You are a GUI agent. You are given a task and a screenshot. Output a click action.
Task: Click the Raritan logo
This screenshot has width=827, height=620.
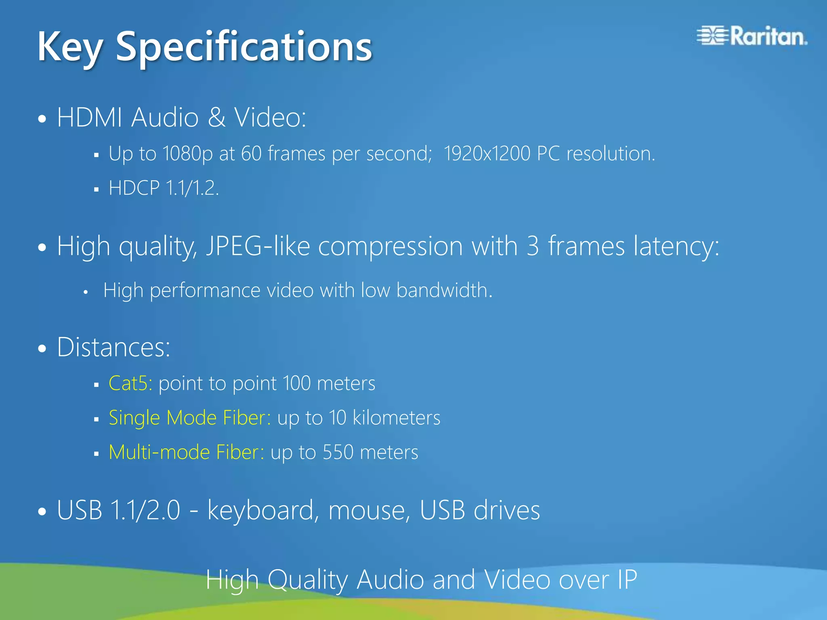coord(752,36)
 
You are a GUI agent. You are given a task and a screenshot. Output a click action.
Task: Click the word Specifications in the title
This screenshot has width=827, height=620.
coord(244,47)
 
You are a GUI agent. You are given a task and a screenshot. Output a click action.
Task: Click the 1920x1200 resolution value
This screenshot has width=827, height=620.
coord(487,153)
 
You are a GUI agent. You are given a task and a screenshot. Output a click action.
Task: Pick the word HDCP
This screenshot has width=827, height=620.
coord(134,188)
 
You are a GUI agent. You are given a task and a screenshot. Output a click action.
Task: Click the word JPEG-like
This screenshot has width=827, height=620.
coord(258,246)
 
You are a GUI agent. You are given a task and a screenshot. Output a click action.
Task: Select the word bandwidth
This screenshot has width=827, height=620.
coord(444,290)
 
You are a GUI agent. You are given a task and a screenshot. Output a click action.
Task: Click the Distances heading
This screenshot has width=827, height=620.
coord(113,347)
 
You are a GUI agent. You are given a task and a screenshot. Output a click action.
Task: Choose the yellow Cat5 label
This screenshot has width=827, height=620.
coord(130,383)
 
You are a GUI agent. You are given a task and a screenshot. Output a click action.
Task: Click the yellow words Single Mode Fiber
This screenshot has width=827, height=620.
coord(190,417)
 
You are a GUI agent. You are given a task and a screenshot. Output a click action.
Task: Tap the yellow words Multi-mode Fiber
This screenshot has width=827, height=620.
coord(187,452)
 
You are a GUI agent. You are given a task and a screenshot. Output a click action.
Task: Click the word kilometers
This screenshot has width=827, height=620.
coord(396,417)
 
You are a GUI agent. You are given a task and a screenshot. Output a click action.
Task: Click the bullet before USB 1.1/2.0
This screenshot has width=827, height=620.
coord(42,511)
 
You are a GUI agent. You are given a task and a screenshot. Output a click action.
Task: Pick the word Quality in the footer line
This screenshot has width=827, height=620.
coord(307,580)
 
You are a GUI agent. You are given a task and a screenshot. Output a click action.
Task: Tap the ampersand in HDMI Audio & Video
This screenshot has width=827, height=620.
coord(217,117)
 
